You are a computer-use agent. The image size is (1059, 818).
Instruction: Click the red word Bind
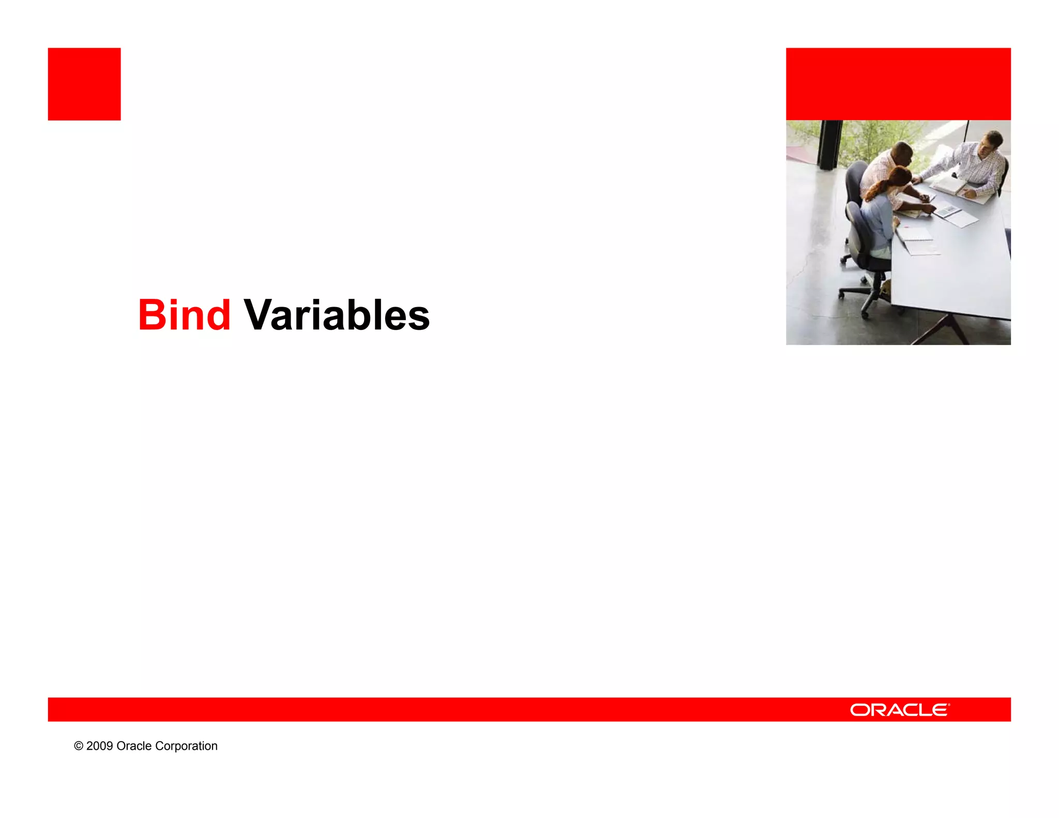[x=184, y=315]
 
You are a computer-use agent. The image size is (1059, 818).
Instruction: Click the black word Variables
[x=336, y=315]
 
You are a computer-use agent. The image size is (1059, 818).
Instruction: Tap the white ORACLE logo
[x=899, y=710]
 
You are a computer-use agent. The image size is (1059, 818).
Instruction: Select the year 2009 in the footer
[x=99, y=746]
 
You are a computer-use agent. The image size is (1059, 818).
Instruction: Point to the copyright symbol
[x=79, y=746]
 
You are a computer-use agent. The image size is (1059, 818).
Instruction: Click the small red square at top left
[x=84, y=84]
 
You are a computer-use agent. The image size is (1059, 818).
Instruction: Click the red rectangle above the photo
[x=898, y=84]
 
